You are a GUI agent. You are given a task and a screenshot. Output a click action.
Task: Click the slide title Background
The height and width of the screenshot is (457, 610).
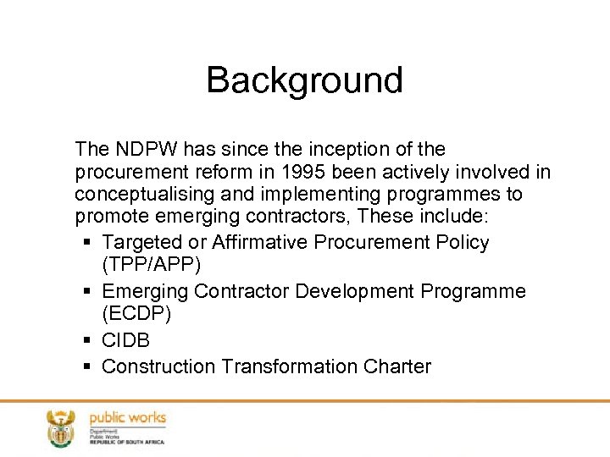point(304,80)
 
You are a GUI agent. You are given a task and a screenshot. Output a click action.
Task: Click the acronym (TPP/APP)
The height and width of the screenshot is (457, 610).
point(151,265)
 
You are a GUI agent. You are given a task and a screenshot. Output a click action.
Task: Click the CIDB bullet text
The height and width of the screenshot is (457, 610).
point(126,341)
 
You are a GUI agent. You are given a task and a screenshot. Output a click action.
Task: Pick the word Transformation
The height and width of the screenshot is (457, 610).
point(289,366)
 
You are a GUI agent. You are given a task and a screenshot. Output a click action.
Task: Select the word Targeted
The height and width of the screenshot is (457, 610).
point(141,243)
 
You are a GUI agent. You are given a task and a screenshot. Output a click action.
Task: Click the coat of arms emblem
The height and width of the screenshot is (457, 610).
point(60,427)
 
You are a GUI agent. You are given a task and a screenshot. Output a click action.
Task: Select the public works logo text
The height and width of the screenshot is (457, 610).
point(128,418)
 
